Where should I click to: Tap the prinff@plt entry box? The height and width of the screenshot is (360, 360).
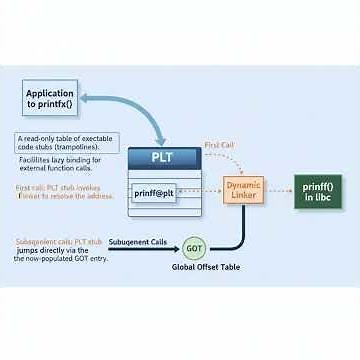click(x=155, y=193)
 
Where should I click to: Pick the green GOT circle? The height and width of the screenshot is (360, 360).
click(x=195, y=249)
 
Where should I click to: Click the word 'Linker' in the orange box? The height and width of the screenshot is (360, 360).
click(x=243, y=195)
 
